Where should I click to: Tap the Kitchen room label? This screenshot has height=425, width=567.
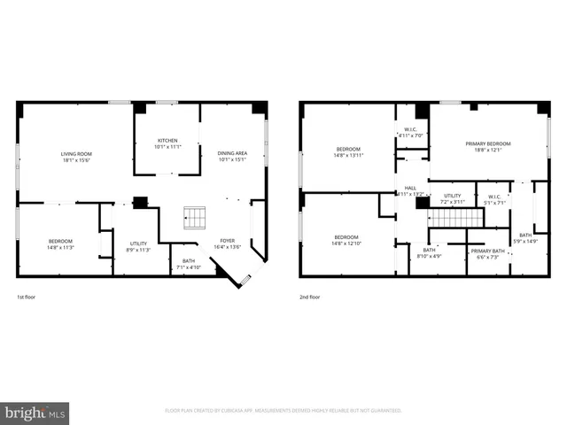click(x=167, y=143)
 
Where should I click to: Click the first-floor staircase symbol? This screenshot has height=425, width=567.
click(x=195, y=217)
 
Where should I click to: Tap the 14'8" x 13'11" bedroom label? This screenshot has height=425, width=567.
click(x=348, y=151)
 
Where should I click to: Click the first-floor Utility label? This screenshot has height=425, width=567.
click(x=138, y=246)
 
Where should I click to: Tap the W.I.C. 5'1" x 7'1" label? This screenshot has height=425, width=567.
click(x=494, y=199)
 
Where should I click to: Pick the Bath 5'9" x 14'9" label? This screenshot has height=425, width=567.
click(x=525, y=238)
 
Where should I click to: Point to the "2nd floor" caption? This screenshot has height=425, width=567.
click(x=310, y=297)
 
